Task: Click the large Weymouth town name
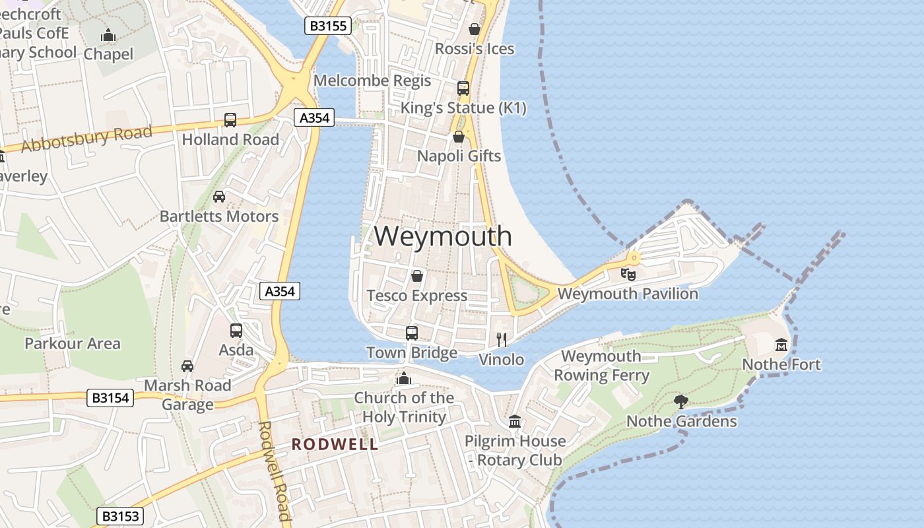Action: tap(444, 236)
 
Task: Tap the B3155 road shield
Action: tap(328, 26)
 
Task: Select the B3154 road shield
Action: tap(110, 398)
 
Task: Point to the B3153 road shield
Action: tap(119, 515)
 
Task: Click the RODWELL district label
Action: tap(335, 444)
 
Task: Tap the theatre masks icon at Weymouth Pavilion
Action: tap(628, 273)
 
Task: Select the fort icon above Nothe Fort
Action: tap(781, 345)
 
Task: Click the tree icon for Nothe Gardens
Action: tap(681, 401)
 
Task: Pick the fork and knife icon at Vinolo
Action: tap(502, 340)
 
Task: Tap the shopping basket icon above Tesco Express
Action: tap(416, 276)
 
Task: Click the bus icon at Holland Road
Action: tap(230, 120)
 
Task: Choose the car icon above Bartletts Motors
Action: tap(219, 197)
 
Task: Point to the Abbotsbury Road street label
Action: tap(86, 138)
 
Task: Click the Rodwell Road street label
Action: tap(274, 470)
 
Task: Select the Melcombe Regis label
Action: tap(372, 81)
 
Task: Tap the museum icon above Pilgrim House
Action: tap(515, 421)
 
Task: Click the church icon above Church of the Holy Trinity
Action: tap(403, 378)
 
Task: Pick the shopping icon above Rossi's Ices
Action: tap(474, 29)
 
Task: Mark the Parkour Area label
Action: tap(73, 343)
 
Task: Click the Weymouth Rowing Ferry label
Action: tap(601, 366)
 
